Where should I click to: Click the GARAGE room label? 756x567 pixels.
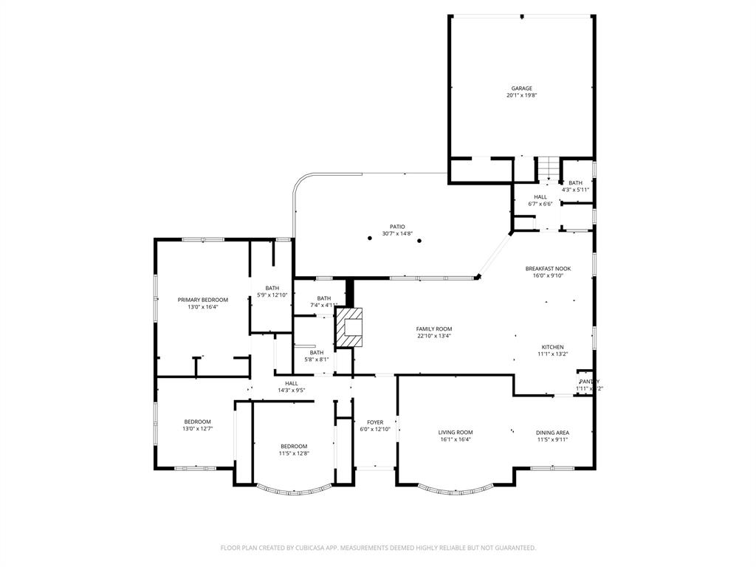[x=521, y=89]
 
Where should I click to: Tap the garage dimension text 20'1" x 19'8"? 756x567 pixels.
[x=521, y=95]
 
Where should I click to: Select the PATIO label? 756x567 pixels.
[x=397, y=227]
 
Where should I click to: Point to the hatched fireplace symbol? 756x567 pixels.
[x=350, y=329]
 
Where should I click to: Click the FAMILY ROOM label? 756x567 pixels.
[x=434, y=329]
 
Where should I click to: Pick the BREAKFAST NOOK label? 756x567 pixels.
[x=548, y=269]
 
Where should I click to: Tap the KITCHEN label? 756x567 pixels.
[x=553, y=347]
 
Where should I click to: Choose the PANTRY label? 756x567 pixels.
[x=589, y=382]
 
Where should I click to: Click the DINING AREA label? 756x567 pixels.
[x=553, y=433]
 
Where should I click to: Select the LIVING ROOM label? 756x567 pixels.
[x=456, y=433]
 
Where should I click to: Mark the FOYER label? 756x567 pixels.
[x=375, y=422]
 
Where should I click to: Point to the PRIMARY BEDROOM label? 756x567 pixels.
[x=203, y=300]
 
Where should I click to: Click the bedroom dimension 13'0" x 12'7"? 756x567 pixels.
[x=197, y=429]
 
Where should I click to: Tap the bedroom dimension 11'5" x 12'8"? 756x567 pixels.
[x=294, y=453]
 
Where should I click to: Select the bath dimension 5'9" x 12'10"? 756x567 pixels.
[x=272, y=295]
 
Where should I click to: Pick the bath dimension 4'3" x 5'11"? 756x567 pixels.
[x=575, y=190]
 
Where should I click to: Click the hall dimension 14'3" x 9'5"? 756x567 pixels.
[x=292, y=390]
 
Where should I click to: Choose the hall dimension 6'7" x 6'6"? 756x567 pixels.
[x=540, y=204]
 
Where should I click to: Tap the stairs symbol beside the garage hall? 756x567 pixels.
[x=548, y=168]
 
